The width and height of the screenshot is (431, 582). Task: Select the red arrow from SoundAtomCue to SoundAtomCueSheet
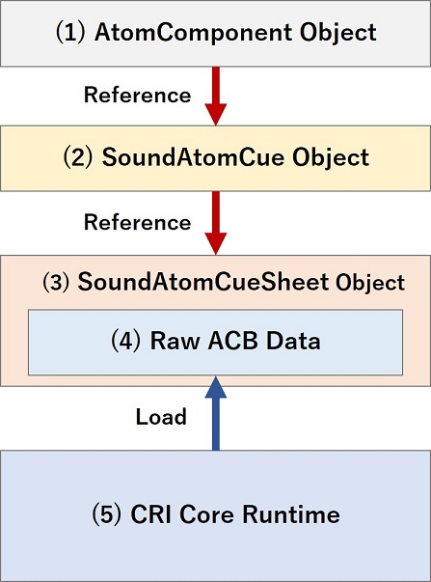[215, 223]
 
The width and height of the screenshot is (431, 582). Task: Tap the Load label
[162, 417]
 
